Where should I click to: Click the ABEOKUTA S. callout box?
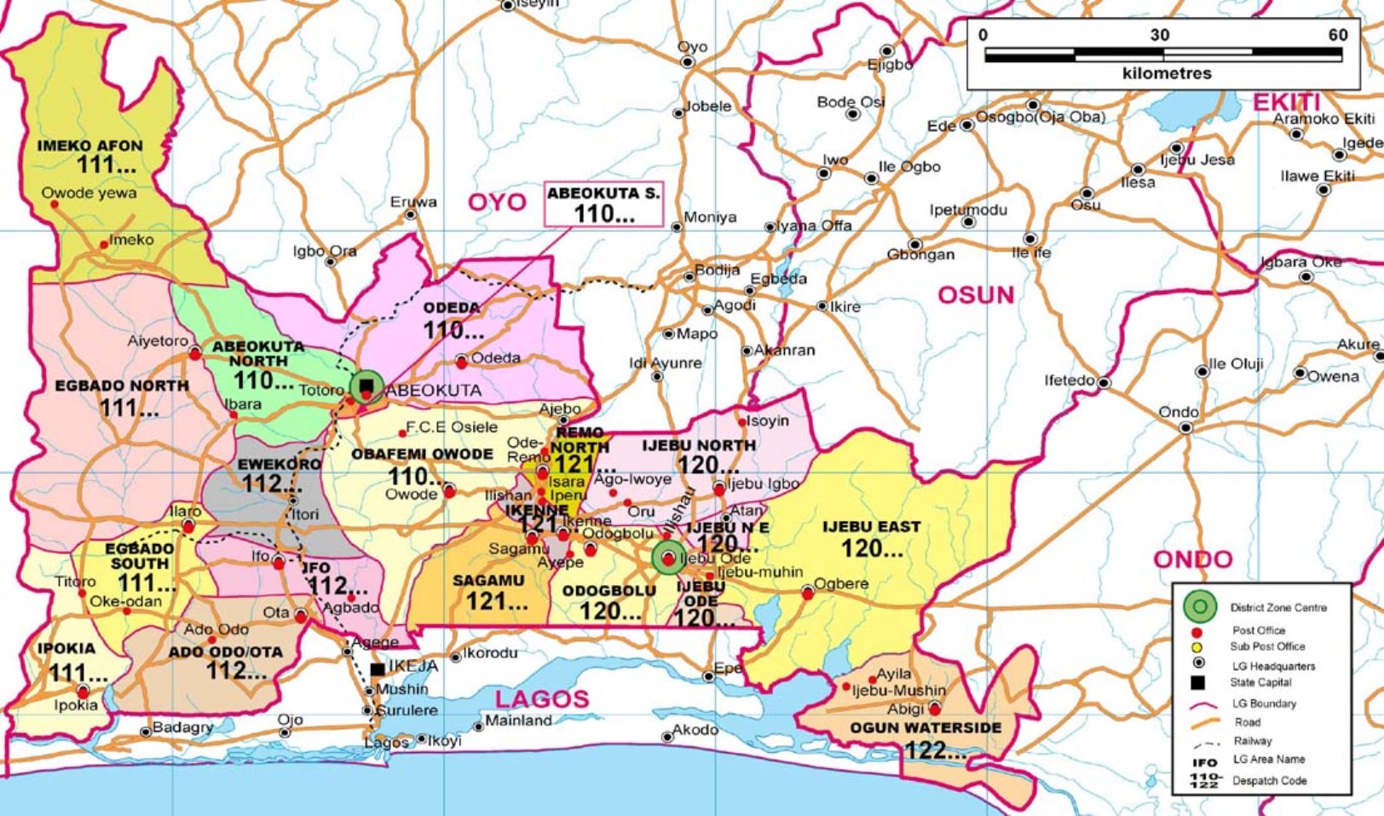[603, 204]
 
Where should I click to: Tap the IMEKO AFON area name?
[89, 146]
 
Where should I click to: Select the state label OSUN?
[976, 295]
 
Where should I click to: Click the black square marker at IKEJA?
[377, 669]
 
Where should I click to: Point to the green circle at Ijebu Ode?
[668, 558]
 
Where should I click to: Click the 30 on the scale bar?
[1160, 35]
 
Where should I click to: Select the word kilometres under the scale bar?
[1166, 73]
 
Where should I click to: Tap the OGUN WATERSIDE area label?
[926, 728]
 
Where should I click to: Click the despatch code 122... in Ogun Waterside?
[935, 750]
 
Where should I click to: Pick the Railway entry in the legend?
[1252, 741]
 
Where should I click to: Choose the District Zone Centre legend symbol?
[1199, 607]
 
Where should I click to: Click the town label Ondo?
[1178, 412]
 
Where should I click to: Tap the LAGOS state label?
[542, 699]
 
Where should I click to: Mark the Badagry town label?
[182, 727]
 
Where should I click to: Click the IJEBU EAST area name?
[871, 527]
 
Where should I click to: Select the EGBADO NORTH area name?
[122, 385]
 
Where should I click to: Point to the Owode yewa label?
[89, 193]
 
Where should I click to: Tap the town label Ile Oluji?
[1236, 364]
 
